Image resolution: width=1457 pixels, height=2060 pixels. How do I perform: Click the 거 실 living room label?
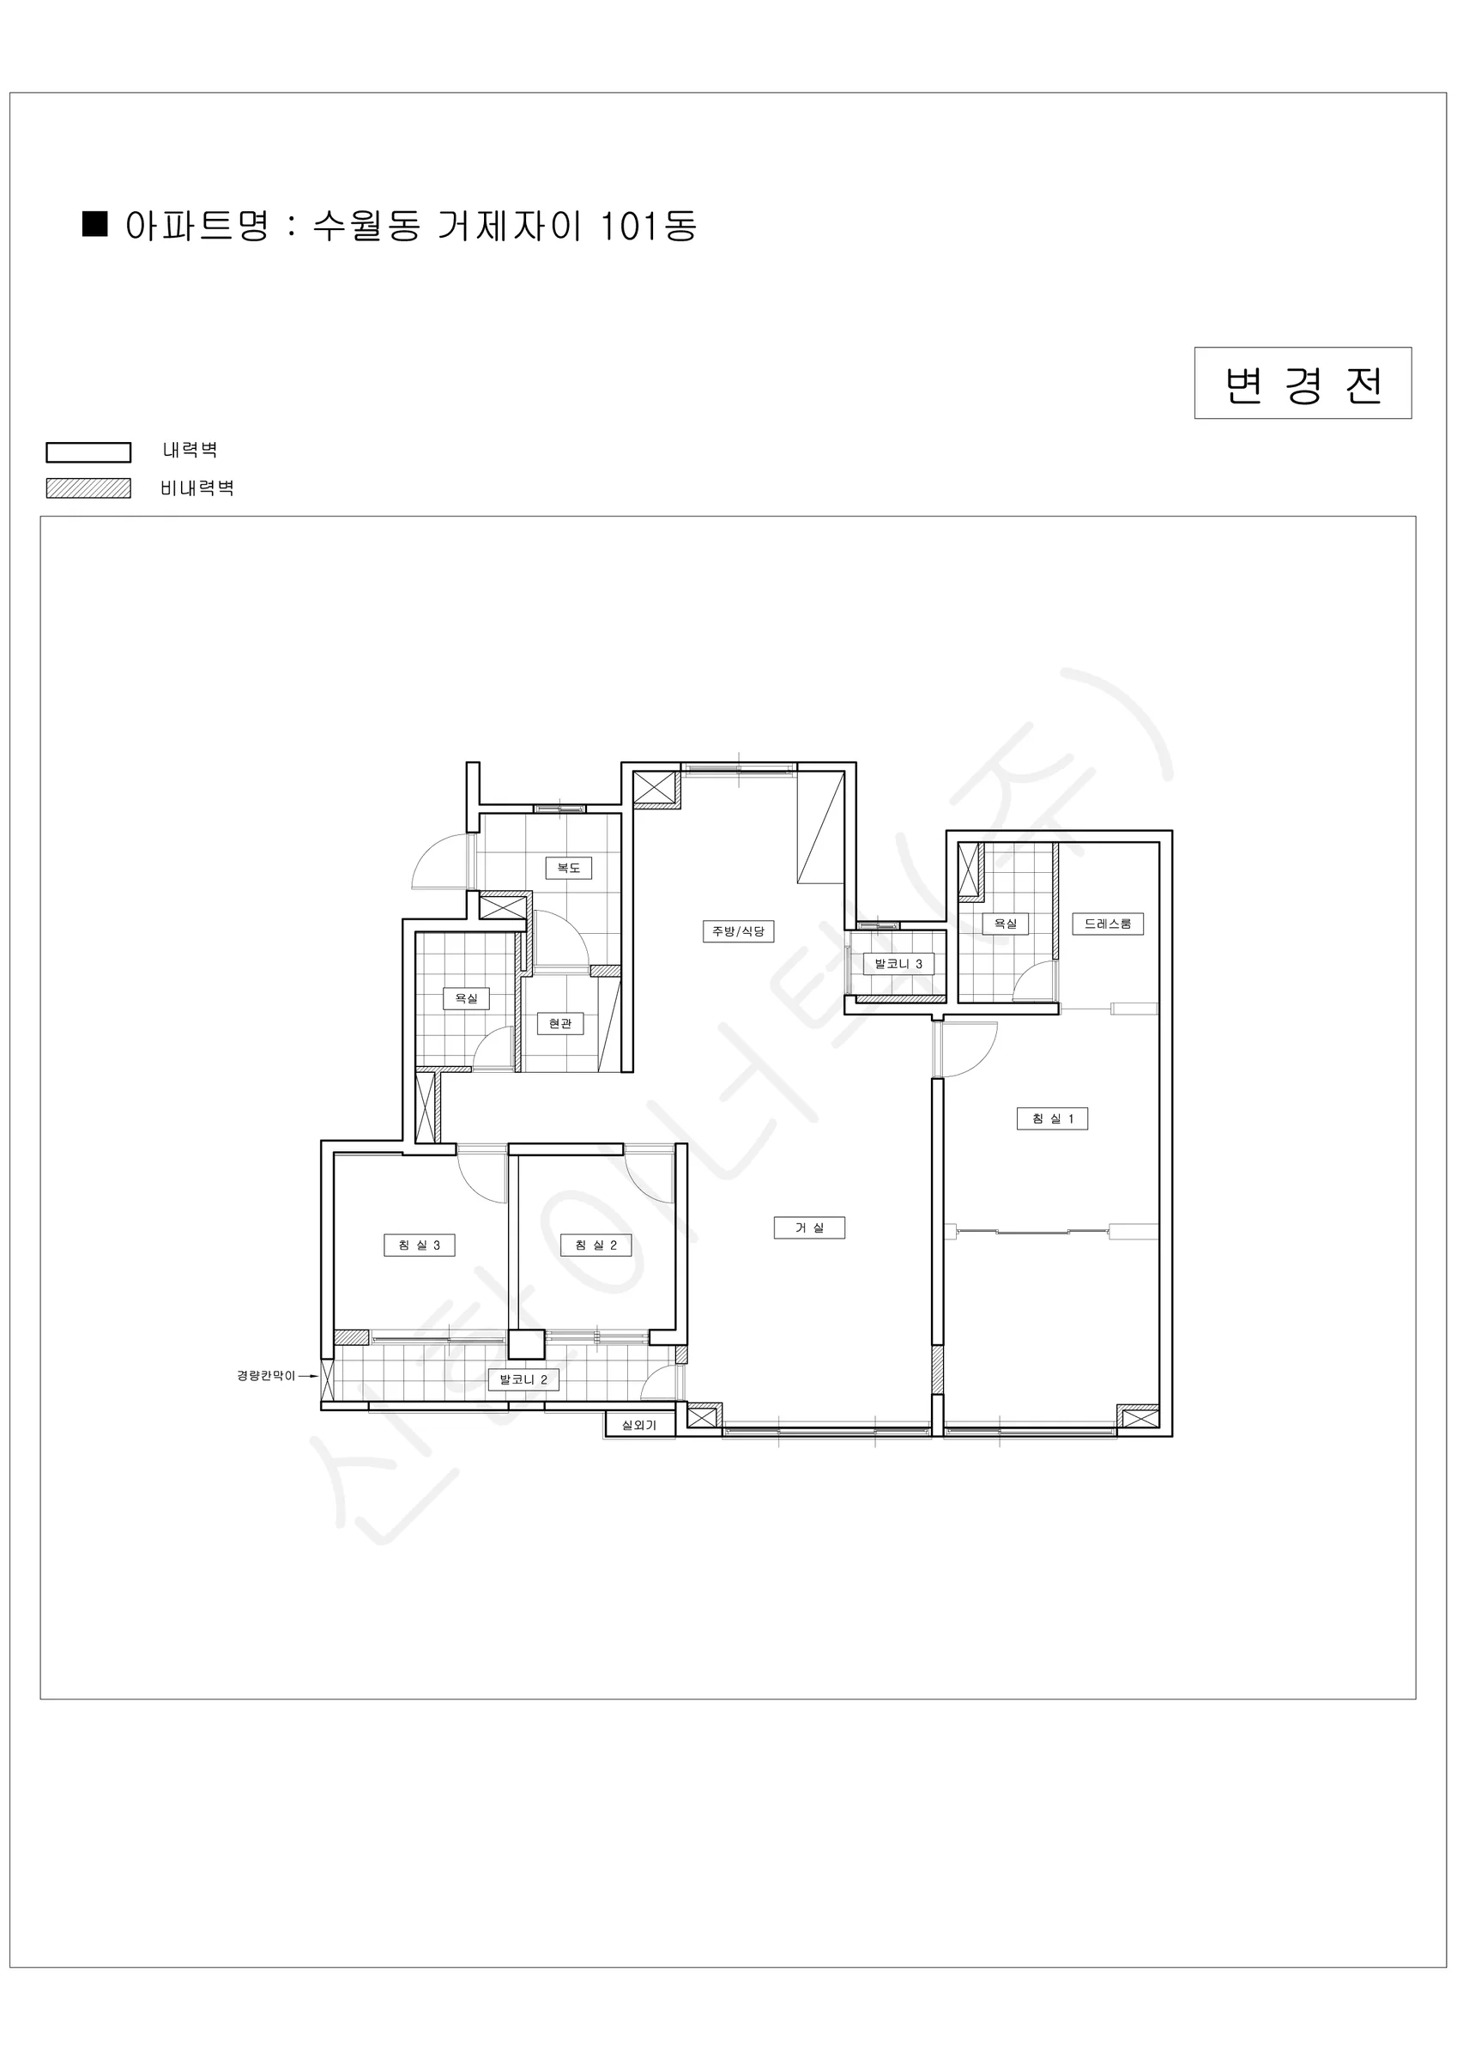(x=809, y=1227)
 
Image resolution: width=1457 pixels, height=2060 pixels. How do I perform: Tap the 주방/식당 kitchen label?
(x=737, y=931)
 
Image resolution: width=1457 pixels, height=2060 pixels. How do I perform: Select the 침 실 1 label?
(x=1052, y=1118)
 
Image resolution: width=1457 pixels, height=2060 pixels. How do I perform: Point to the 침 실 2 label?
(x=595, y=1245)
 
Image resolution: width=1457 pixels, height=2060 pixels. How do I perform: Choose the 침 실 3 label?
(x=419, y=1245)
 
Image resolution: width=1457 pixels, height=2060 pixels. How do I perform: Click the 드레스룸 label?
(x=1108, y=924)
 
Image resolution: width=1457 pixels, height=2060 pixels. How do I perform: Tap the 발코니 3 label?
(x=898, y=965)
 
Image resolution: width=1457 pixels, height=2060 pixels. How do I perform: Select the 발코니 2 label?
(x=523, y=1380)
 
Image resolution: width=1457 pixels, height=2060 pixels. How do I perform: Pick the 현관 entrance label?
(x=559, y=1024)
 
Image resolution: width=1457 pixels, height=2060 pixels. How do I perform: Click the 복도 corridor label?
(x=569, y=868)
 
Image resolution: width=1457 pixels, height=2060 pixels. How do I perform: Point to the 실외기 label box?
(x=638, y=1425)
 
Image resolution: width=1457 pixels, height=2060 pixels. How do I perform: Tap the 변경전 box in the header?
(x=1303, y=383)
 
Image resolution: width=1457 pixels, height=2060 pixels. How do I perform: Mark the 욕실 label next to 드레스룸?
(x=1005, y=924)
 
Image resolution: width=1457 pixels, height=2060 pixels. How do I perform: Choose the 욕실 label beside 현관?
(x=466, y=998)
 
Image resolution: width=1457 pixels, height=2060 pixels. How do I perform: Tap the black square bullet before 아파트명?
(x=95, y=223)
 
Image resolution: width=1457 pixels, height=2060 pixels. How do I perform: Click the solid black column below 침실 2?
(x=527, y=1344)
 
